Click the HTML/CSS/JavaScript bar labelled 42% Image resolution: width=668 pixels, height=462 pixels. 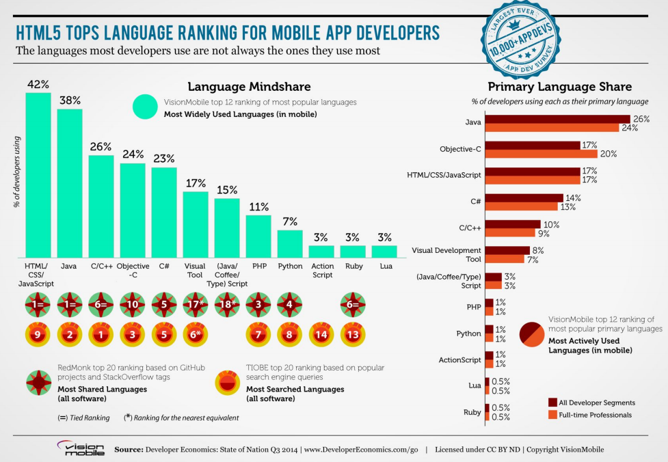point(38,174)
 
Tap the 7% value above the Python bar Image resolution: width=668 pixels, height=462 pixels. point(290,221)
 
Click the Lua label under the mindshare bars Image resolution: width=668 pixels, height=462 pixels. point(384,266)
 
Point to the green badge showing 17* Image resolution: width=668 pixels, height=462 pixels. point(196,303)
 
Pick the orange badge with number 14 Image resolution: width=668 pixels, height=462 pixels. point(321,334)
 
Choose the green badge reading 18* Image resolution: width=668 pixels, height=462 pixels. point(227,303)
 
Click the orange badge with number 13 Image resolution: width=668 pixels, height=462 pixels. point(353,334)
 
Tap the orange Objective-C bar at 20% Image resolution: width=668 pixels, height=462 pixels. point(540,154)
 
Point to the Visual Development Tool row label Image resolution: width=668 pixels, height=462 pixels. point(446,254)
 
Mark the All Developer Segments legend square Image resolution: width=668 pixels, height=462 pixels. point(552,403)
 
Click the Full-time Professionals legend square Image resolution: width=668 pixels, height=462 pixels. point(552,415)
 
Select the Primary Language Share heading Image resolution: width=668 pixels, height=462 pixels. point(559,87)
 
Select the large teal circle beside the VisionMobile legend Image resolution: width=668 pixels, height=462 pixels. point(146,107)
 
